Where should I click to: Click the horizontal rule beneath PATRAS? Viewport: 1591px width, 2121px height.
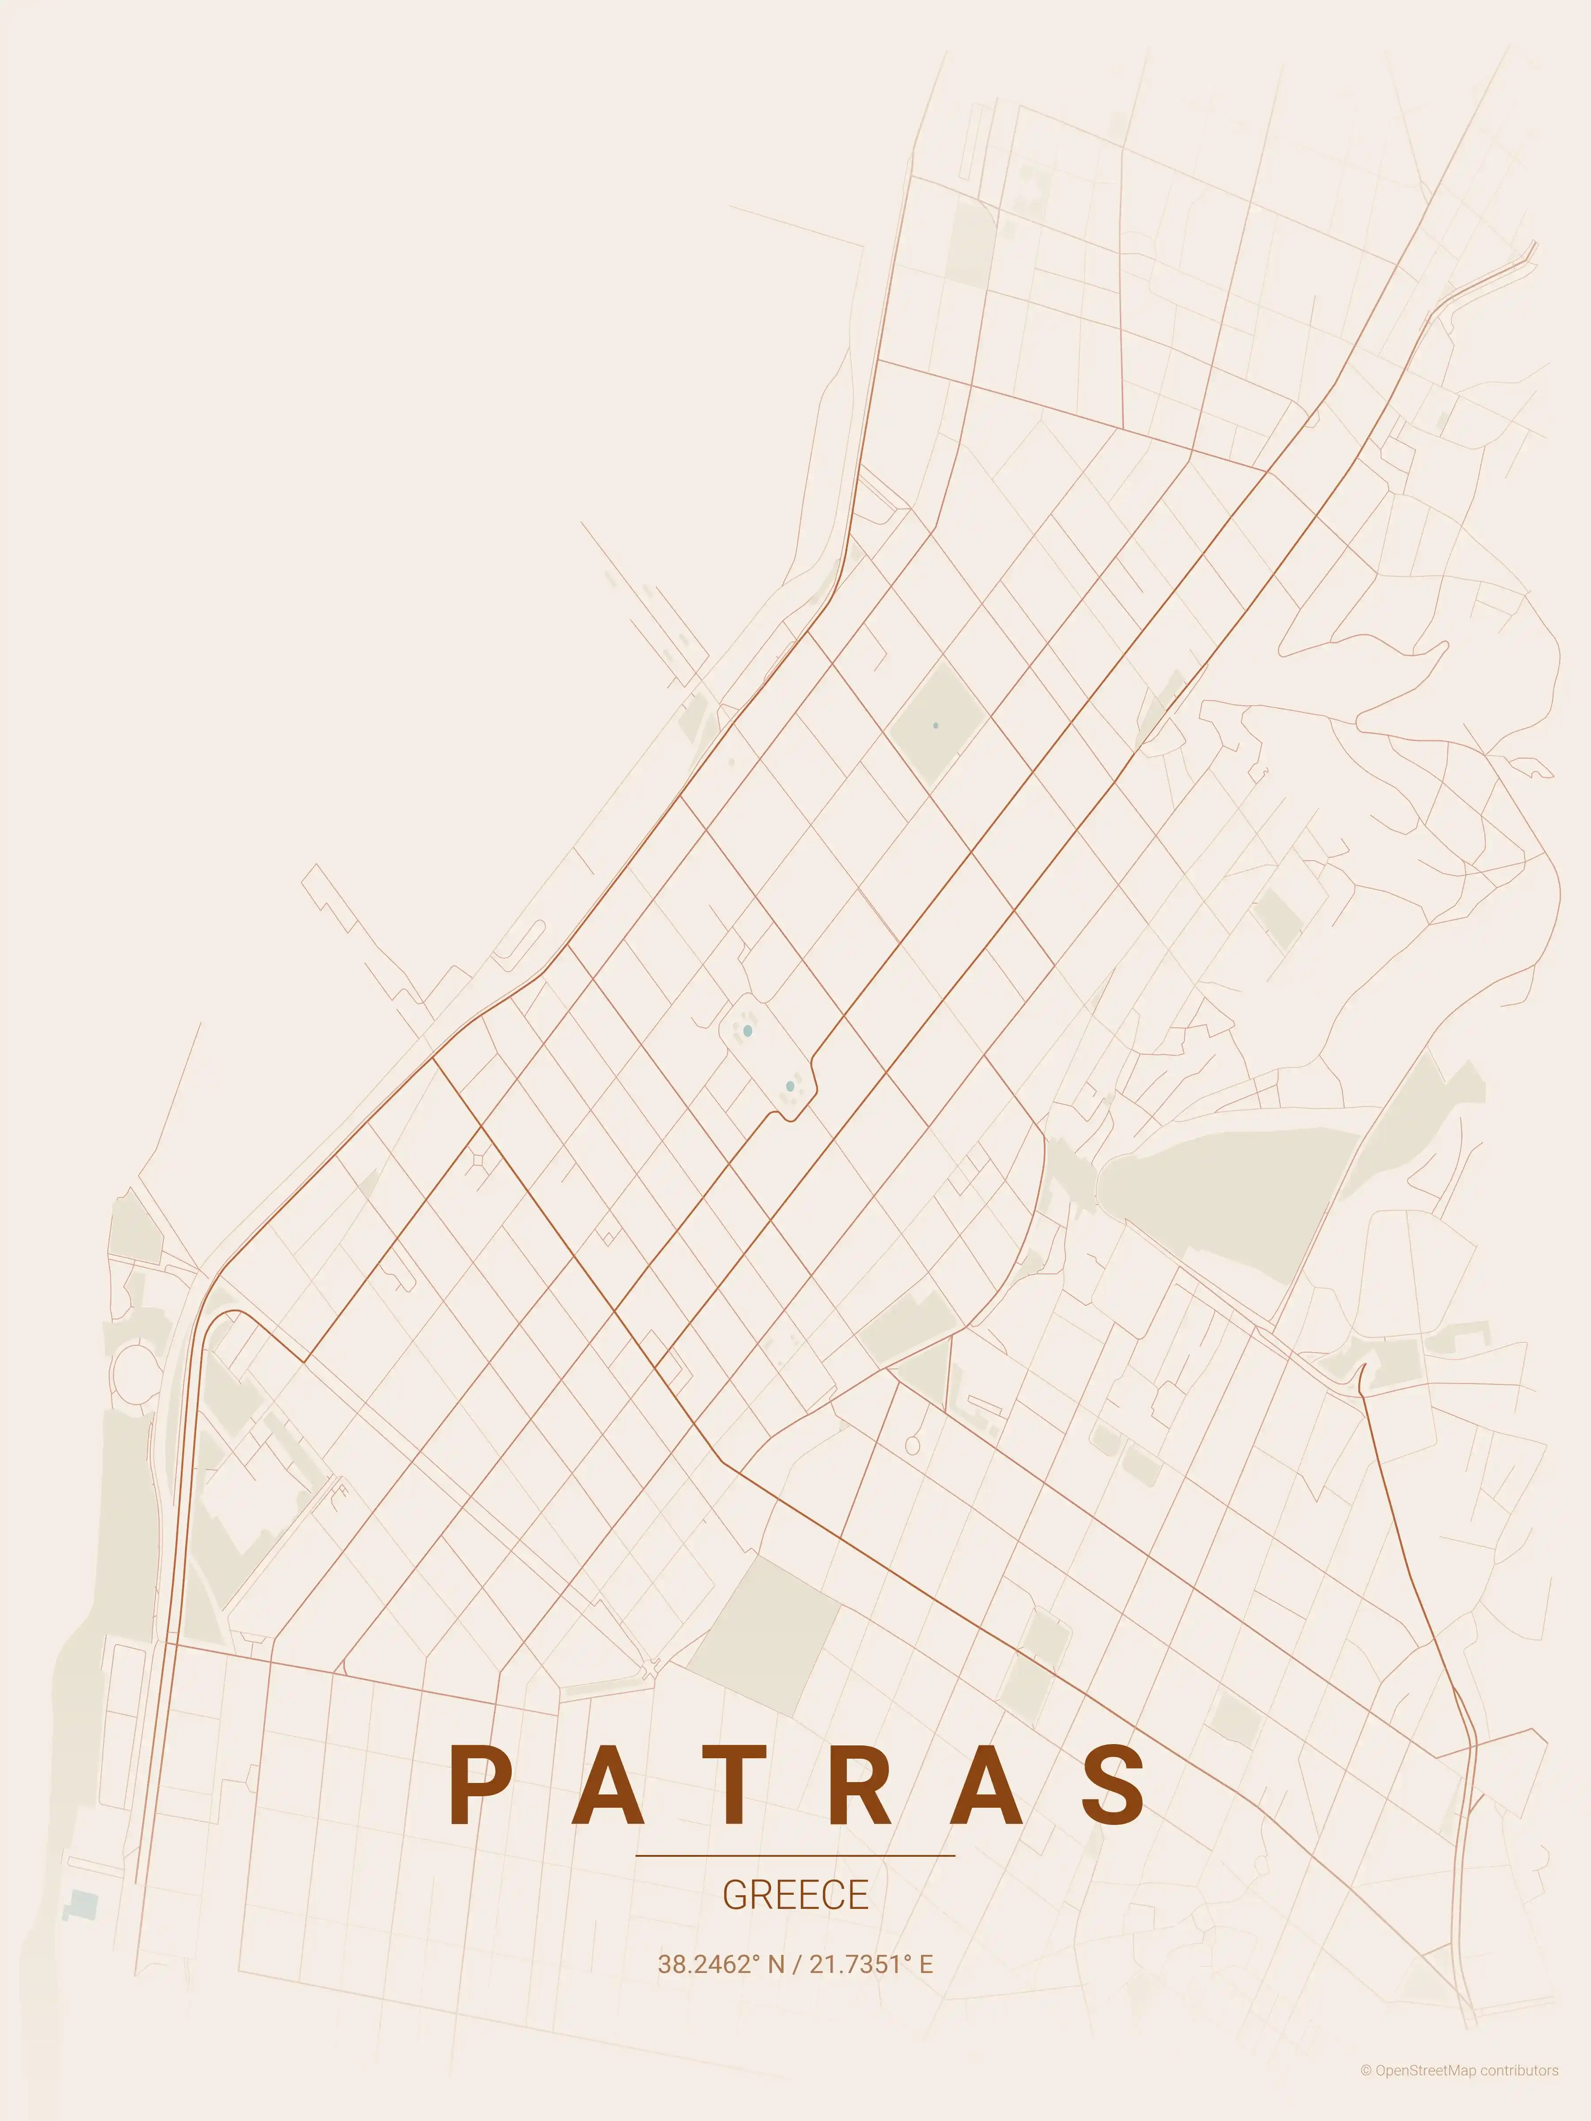pyautogui.click(x=795, y=1855)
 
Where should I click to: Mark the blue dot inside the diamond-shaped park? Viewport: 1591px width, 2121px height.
pyautogui.click(x=935, y=726)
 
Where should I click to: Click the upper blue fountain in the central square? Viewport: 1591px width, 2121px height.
pyautogui.click(x=747, y=1031)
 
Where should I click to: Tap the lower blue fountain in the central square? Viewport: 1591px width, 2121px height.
pyautogui.click(x=789, y=1087)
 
